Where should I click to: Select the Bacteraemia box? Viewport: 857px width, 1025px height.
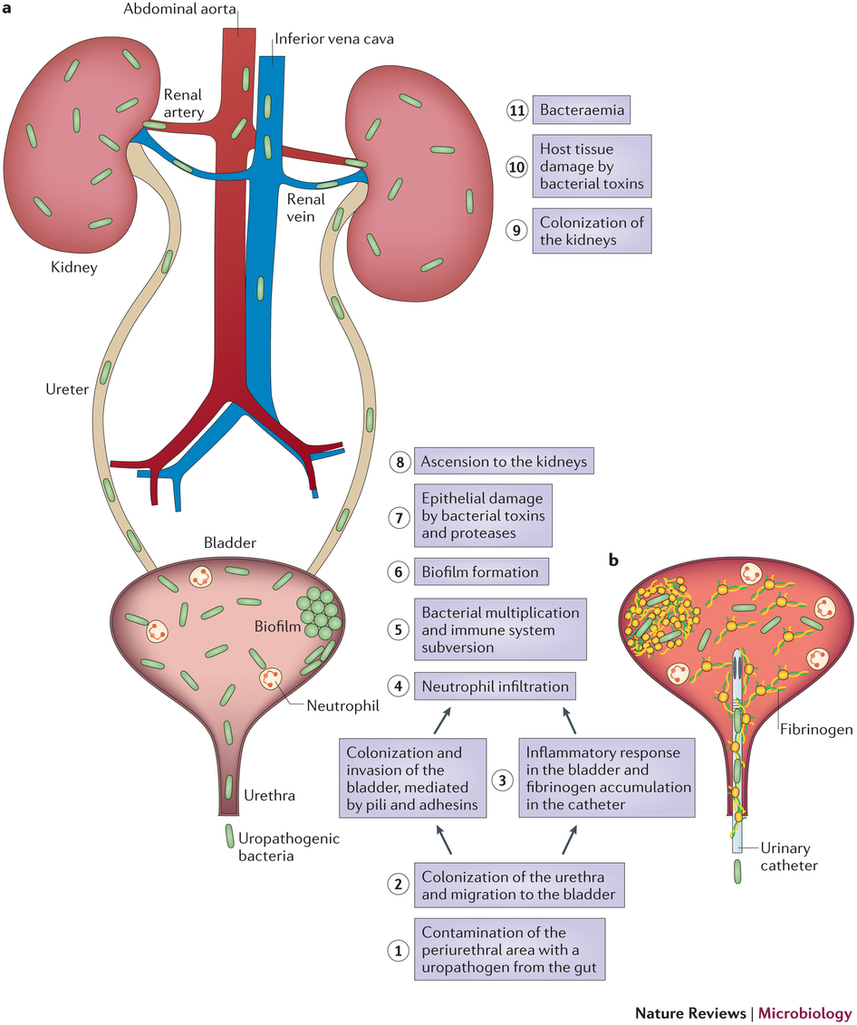click(580, 111)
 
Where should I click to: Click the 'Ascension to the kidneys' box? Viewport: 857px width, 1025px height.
click(505, 462)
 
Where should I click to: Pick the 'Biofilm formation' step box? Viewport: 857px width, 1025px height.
click(481, 572)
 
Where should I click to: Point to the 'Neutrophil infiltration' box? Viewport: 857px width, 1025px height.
click(496, 686)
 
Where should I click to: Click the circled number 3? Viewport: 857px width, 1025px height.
click(501, 778)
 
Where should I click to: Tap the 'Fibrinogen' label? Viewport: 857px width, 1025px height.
click(814, 727)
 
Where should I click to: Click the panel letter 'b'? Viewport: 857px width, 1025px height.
click(614, 561)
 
